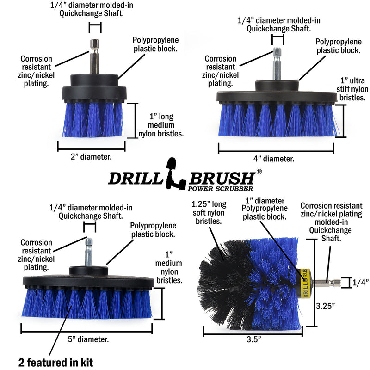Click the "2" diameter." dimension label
coord(91,157)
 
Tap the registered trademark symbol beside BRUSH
coord(259,172)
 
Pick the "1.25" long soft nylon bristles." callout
coord(212,212)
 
